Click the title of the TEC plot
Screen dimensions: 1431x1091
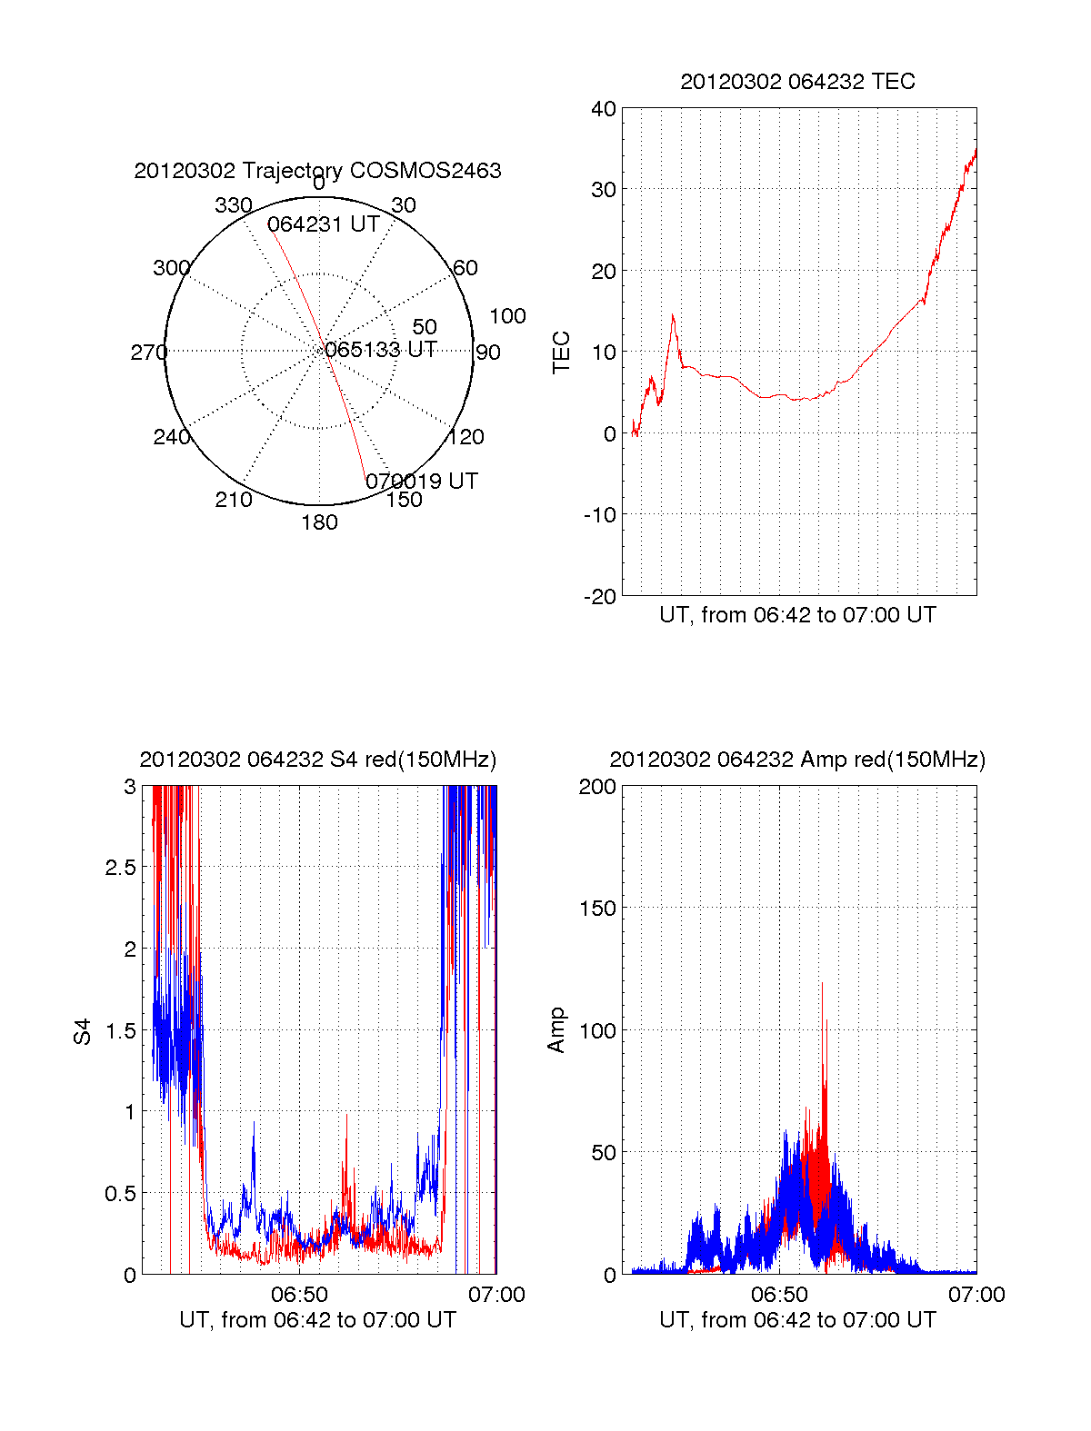point(797,82)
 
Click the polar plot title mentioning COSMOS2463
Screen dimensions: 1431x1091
point(317,171)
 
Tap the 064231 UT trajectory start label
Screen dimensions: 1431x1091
point(323,224)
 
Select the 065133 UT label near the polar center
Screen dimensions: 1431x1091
point(381,350)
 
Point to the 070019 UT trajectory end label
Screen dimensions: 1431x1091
point(422,482)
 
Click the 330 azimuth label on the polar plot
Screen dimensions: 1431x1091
point(233,205)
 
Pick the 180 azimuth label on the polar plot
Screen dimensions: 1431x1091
point(319,522)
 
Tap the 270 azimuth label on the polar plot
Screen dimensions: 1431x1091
point(148,353)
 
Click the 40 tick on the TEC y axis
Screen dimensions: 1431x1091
point(604,109)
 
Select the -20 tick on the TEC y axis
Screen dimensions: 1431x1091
point(600,597)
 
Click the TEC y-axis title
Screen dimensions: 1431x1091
point(562,353)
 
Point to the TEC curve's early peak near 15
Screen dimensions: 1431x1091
point(673,315)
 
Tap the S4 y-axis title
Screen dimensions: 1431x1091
point(83,1031)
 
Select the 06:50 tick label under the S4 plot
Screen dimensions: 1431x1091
point(299,1295)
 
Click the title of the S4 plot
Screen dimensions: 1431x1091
point(317,760)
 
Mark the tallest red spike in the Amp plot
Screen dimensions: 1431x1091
point(822,984)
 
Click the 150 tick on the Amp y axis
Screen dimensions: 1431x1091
point(597,908)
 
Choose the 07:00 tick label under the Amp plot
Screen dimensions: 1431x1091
point(976,1295)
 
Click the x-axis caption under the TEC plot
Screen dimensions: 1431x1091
point(797,615)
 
